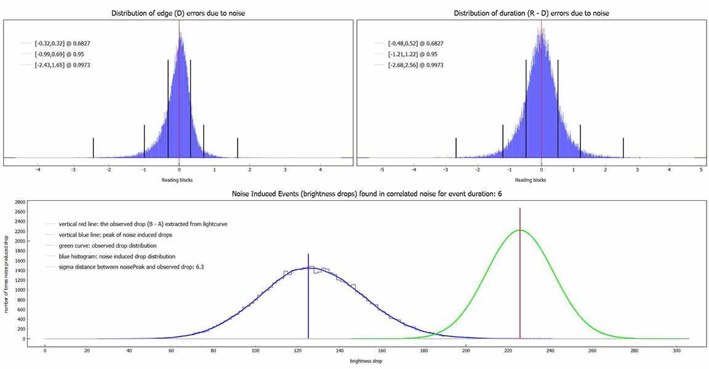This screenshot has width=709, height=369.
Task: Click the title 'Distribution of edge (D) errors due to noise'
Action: click(x=178, y=13)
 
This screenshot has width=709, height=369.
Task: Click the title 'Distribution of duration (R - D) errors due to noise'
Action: click(x=532, y=13)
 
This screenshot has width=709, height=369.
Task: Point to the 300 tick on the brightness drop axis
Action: click(x=676, y=351)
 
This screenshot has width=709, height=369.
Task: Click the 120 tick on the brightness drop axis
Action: click(x=297, y=351)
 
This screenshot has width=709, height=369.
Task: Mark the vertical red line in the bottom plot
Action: click(x=520, y=277)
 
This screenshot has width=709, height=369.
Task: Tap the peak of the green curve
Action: click(x=520, y=230)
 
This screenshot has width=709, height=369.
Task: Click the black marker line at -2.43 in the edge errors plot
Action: click(x=94, y=147)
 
